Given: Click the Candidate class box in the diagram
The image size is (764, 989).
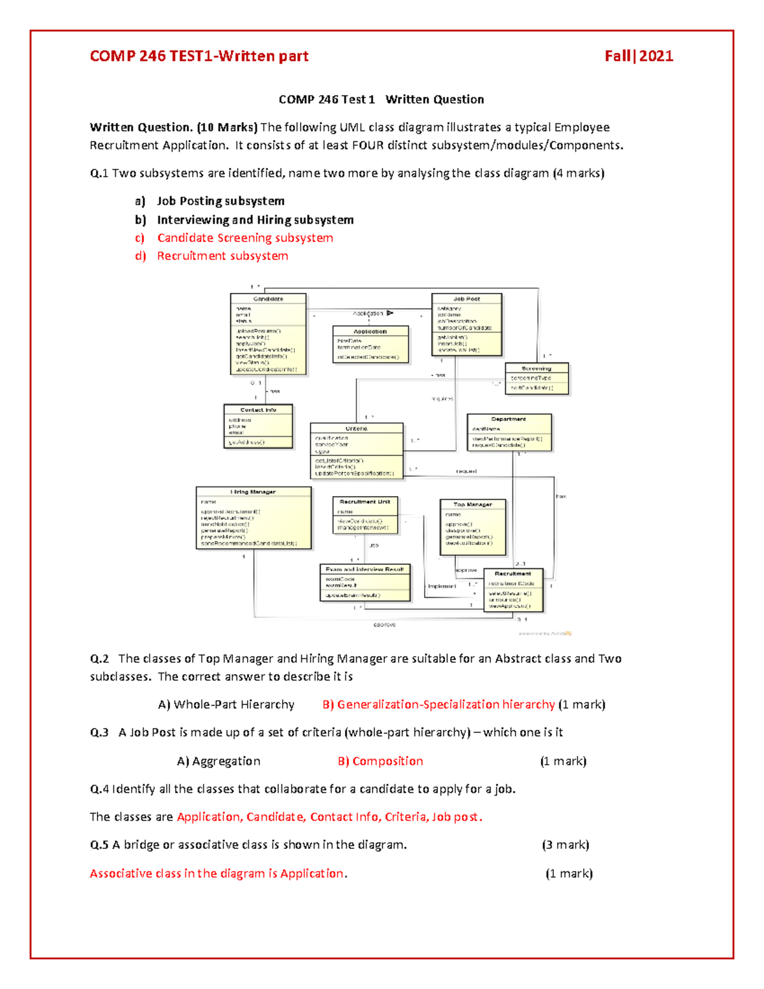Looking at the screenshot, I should click(x=268, y=334).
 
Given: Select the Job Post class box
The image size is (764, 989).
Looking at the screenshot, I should click(x=467, y=324).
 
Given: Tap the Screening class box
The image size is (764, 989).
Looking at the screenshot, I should click(x=536, y=379).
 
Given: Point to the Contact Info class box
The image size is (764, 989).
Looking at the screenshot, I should click(x=258, y=426).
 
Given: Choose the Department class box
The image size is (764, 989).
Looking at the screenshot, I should click(x=509, y=432).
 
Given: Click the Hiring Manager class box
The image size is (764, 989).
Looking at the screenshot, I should click(x=253, y=518).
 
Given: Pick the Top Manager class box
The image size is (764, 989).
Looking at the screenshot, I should click(x=472, y=527).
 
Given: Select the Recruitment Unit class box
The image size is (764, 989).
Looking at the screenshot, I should click(x=365, y=515).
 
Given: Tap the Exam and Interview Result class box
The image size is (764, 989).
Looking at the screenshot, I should click(x=365, y=583).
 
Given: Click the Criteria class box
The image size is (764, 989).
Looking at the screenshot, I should click(x=357, y=450).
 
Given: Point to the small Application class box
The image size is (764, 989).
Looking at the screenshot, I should click(x=371, y=345).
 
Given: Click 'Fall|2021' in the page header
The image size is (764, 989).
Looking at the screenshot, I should click(x=639, y=56).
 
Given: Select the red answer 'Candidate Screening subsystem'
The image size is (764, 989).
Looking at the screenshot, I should click(x=245, y=238).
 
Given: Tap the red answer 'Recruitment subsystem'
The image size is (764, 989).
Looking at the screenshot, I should click(x=222, y=256).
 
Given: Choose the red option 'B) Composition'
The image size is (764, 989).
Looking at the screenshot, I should click(x=380, y=761).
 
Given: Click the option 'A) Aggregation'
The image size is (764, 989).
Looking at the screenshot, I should click(x=218, y=761).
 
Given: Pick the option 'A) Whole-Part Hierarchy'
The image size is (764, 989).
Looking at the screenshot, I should click(x=226, y=704).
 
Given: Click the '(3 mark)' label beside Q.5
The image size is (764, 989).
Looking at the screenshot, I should click(x=565, y=845).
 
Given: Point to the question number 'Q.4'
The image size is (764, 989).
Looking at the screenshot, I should click(x=99, y=789).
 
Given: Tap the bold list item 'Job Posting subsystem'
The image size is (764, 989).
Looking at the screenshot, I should click(x=220, y=201).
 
